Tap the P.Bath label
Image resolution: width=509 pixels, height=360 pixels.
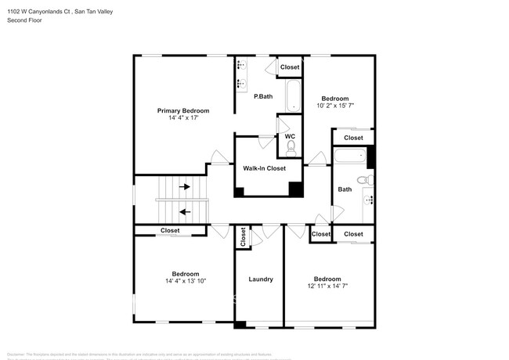262,96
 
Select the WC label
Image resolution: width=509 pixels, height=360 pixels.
290,135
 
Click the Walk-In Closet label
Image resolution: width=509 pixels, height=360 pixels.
264,168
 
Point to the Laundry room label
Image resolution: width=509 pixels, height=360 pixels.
260,279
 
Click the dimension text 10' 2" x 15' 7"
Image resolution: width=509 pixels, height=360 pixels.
336,106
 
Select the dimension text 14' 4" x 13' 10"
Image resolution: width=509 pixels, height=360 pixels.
186,281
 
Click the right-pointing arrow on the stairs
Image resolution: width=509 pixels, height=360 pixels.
185,187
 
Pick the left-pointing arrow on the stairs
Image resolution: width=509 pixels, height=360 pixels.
185,211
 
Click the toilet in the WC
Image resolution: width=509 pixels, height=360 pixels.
291,147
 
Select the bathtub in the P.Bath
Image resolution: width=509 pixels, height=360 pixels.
292,96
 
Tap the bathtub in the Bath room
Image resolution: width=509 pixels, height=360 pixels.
350,156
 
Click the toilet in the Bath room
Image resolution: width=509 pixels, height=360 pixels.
364,181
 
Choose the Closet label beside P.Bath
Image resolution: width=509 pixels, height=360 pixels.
290,67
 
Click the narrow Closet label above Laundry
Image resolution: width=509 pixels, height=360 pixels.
243,236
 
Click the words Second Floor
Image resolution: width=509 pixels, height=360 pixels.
24,20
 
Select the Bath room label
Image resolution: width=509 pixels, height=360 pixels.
345,189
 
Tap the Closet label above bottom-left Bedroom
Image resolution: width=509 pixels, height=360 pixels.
170,231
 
